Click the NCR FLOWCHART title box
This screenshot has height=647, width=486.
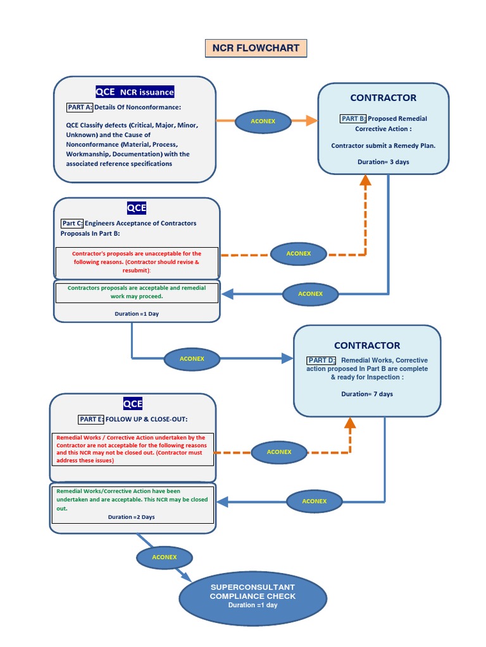(x=256, y=49)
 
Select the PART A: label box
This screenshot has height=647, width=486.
(x=80, y=107)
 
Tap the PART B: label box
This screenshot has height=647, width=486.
(x=353, y=118)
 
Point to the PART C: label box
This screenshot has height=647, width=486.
(x=72, y=223)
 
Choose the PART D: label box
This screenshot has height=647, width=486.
(x=322, y=360)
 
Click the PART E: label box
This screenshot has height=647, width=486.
(x=91, y=419)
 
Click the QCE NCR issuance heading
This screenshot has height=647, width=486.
(x=134, y=92)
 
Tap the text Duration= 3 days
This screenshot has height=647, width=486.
(x=383, y=162)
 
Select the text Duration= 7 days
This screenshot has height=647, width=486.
(x=367, y=394)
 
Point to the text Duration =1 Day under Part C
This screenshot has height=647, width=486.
(x=137, y=313)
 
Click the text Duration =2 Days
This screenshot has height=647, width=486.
(x=131, y=517)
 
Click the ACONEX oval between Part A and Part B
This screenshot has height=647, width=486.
(x=263, y=121)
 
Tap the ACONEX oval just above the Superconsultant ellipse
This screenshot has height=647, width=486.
(x=164, y=557)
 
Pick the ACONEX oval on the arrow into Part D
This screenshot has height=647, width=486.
(x=192, y=358)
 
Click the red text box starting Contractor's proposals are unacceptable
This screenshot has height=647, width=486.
(x=137, y=262)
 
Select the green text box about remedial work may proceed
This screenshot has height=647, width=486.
(x=137, y=292)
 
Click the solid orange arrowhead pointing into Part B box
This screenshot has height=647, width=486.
(x=310, y=121)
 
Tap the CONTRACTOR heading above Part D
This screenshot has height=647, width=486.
(x=367, y=346)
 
